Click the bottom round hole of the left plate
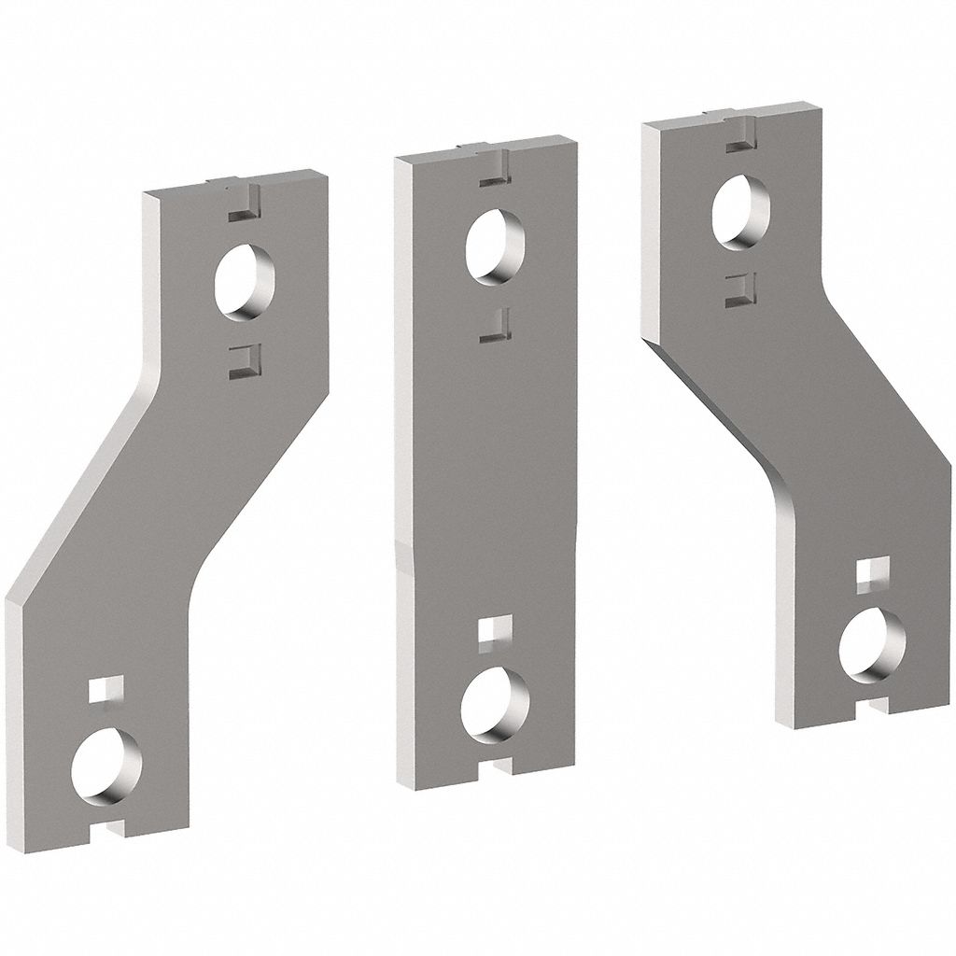pos(106,765)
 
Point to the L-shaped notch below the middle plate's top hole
pos(497,326)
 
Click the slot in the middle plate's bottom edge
pos(494,767)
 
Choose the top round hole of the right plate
pos(740,212)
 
